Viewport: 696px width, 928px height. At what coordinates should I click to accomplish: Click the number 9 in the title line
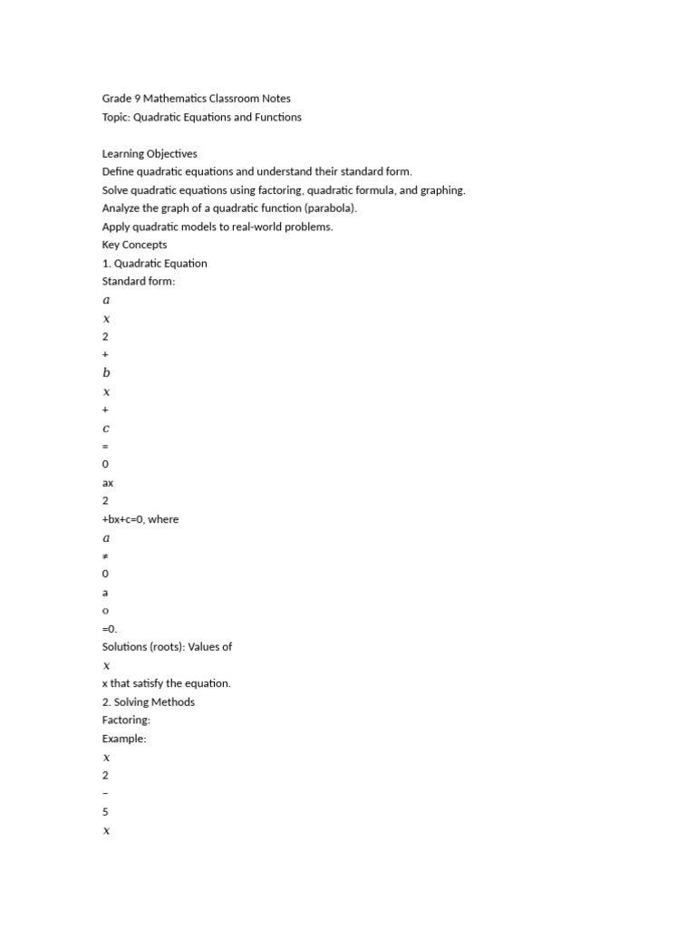[136, 99]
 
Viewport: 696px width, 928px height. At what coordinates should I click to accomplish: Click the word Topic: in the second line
[121, 117]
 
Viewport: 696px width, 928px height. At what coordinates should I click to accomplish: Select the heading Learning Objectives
[149, 153]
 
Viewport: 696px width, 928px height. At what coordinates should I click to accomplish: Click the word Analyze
[121, 208]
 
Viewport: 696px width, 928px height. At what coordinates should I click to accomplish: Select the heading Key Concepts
[134, 245]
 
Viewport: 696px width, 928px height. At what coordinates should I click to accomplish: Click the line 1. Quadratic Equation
[154, 264]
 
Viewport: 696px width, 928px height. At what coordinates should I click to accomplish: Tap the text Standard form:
[138, 282]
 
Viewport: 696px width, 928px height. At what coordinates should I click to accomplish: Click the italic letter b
[106, 372]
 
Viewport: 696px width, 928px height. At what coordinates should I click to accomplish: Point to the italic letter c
[106, 428]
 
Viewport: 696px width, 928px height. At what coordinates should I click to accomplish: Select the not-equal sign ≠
[105, 556]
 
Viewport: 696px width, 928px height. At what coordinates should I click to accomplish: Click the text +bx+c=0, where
[140, 519]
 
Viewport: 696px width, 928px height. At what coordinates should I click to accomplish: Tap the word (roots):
[170, 647]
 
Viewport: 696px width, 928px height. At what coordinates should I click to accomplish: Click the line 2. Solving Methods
[148, 702]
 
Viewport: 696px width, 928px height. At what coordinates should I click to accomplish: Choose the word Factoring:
[126, 720]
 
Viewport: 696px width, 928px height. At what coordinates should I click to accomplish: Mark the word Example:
[124, 739]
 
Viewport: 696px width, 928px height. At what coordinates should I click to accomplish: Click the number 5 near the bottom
[105, 812]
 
